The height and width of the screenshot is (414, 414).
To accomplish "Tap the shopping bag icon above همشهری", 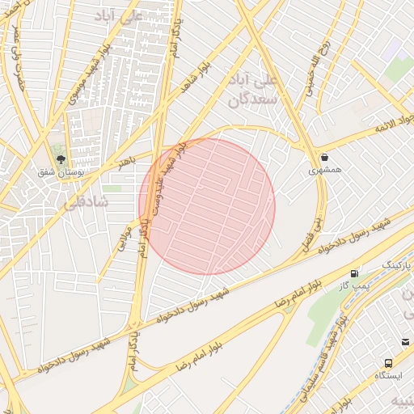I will point(323,157).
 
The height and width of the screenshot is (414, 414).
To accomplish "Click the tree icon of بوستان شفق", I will point(58,156).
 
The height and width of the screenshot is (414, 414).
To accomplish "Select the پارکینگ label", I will point(395,264).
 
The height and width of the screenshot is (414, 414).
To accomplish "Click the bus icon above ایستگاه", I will point(388,364).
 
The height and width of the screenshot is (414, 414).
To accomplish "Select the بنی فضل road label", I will point(317,231).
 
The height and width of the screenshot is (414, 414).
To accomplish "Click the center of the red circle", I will point(207,206).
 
